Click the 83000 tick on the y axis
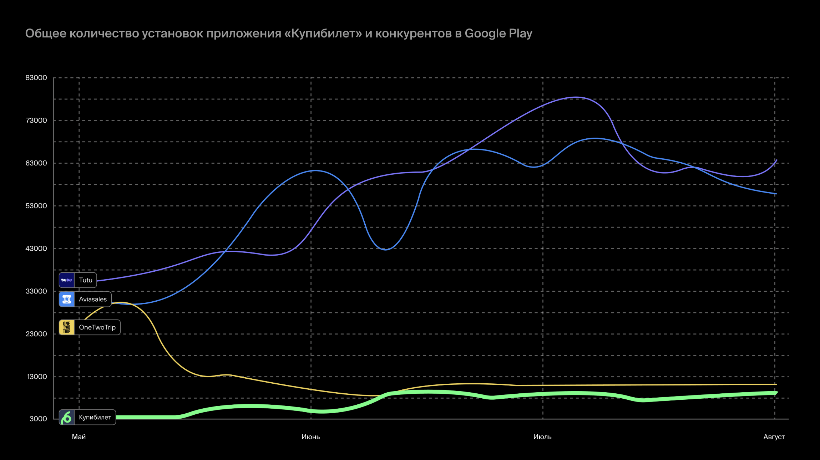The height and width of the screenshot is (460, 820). pos(36,78)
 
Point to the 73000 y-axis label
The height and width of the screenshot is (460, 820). pos(36,121)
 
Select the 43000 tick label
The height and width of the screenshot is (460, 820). pos(36,249)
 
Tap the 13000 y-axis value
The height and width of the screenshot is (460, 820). pos(37,377)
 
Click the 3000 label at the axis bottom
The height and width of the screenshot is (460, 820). pos(38,419)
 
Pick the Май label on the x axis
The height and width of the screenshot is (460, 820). pos(79,437)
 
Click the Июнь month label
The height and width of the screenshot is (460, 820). pos(310,437)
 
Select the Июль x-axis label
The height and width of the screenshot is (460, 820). pos(542,437)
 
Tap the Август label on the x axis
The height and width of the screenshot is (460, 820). pos(774,437)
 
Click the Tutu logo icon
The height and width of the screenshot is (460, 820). pos(67,280)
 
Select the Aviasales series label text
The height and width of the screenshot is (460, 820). pos(93,299)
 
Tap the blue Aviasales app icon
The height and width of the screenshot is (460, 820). pos(67,299)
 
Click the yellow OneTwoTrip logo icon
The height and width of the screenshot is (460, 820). pos(67,327)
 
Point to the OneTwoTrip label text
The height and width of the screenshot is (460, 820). pos(97,327)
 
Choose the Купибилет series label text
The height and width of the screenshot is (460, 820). pos(95,417)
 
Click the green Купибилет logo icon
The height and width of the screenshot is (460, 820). pos(67,417)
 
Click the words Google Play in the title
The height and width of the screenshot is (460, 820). pos(498,33)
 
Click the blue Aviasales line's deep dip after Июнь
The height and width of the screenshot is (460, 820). pos(385,249)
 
